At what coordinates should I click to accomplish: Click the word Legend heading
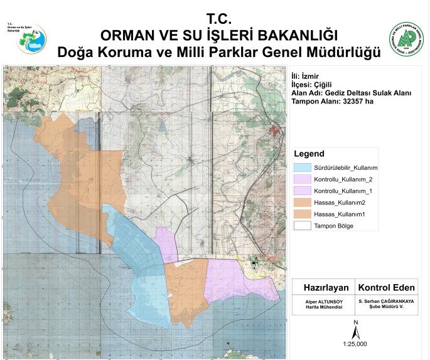point(309,154)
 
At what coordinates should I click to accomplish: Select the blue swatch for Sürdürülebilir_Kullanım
point(303,168)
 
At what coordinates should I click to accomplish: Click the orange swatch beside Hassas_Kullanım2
point(303,203)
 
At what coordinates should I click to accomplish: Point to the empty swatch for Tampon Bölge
point(303,225)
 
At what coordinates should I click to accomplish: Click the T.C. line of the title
point(219,18)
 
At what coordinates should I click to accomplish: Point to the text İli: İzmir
point(306,76)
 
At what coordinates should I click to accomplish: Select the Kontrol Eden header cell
point(386,288)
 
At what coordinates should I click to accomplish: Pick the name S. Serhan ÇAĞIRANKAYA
point(386,302)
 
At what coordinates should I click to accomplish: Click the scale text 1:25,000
point(355,344)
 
